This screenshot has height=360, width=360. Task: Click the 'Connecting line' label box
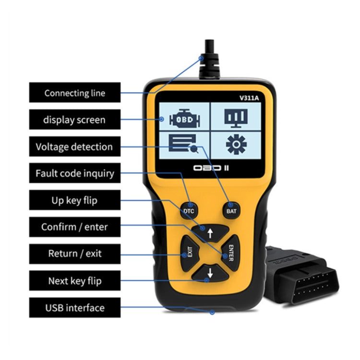tap(74, 93)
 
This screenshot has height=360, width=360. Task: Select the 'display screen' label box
tap(74, 120)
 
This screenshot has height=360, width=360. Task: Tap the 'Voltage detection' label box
tap(74, 146)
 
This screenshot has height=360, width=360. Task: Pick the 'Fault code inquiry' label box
tap(74, 173)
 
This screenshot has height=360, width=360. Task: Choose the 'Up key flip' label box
tap(74, 200)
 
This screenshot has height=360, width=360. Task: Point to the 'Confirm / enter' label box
tap(74, 227)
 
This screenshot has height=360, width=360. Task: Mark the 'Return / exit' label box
tap(74, 253)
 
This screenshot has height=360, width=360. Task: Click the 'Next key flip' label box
tap(74, 280)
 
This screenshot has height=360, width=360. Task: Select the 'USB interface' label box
tap(74, 307)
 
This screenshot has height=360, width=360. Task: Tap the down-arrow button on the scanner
tap(209, 274)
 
